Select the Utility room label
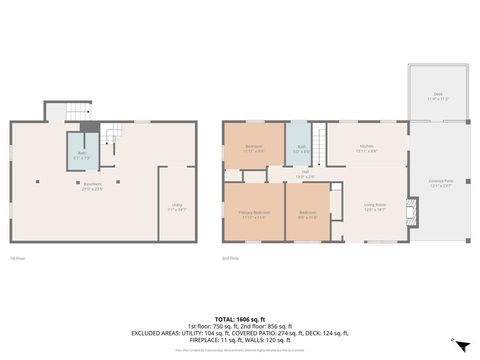tap(176, 209)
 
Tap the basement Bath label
tap(80, 156)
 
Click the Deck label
tap(437, 99)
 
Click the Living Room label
tap(376, 208)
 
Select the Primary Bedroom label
tap(254, 214)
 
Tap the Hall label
tap(303, 174)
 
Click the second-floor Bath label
tap(300, 150)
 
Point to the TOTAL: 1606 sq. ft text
tap(239, 319)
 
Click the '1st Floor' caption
tap(17, 258)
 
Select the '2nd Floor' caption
tap(231, 258)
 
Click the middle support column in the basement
tap(93, 181)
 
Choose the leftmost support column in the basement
tap(37, 181)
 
